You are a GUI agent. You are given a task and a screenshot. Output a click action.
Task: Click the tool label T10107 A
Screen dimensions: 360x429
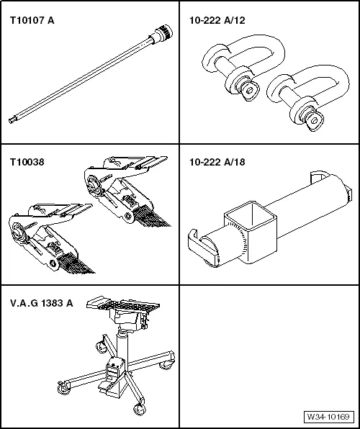click(x=32, y=21)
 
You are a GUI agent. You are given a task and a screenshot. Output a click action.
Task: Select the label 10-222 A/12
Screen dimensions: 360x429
click(x=217, y=21)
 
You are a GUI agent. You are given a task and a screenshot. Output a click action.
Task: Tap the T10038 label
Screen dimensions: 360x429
click(x=27, y=162)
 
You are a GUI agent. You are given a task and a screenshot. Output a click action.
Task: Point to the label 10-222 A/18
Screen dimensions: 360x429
click(x=217, y=162)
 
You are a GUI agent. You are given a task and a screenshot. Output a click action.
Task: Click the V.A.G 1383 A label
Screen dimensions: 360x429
click(x=42, y=303)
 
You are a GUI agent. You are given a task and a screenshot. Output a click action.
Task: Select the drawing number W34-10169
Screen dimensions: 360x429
click(x=328, y=417)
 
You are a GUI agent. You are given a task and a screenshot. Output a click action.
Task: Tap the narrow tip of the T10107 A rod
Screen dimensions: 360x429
click(x=12, y=119)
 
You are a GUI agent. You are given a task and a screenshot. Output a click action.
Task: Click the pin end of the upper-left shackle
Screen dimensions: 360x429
click(x=250, y=91)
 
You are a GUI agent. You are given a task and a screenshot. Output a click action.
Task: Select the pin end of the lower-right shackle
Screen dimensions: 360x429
click(x=315, y=121)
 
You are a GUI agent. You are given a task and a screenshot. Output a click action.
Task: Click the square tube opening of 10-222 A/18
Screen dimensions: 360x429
click(x=251, y=215)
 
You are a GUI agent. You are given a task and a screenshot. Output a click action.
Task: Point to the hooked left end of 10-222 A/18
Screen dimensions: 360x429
click(x=198, y=244)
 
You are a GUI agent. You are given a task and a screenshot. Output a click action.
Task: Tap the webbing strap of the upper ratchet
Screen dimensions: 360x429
click(x=153, y=217)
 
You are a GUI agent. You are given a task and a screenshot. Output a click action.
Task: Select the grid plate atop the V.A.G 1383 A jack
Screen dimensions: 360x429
click(x=123, y=303)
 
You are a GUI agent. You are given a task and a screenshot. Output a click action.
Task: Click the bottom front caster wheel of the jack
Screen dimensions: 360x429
click(x=139, y=409)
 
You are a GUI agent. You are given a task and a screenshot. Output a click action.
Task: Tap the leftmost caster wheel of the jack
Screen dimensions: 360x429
click(x=64, y=388)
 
